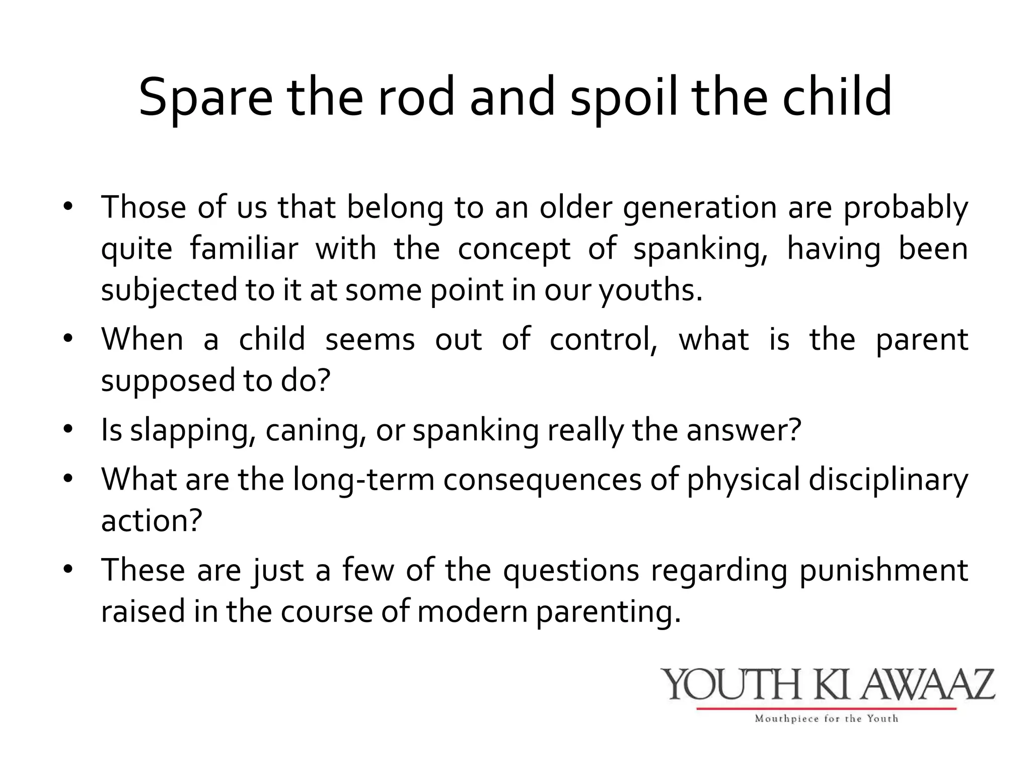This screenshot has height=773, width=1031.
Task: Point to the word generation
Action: (700, 208)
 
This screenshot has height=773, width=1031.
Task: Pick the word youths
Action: (649, 291)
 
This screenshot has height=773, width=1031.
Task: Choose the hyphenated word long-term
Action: (363, 479)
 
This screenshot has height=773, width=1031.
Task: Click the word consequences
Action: (542, 479)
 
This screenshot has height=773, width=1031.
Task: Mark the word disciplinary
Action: (888, 479)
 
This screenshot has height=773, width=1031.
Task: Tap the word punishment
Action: (883, 571)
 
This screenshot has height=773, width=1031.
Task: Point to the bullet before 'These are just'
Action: (68, 569)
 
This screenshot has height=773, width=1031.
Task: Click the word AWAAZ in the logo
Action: (927, 684)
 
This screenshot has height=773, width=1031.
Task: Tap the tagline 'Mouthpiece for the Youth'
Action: (827, 719)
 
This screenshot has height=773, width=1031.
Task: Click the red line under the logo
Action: (827, 709)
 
